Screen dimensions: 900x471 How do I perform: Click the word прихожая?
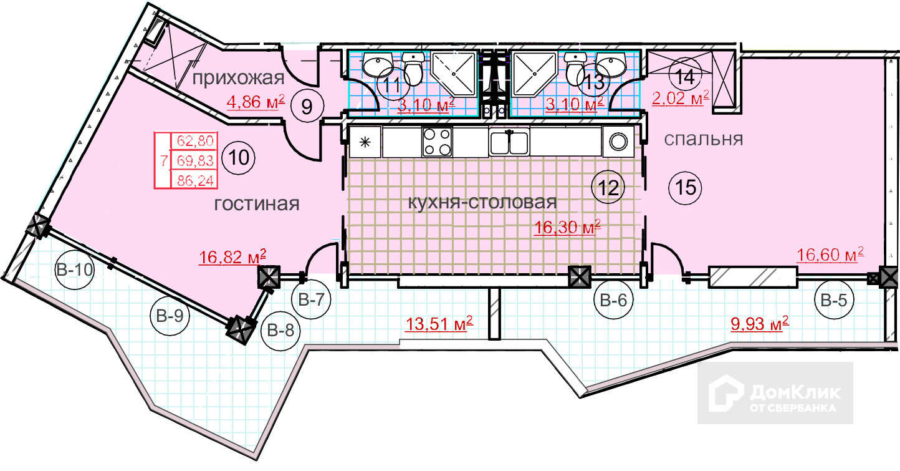point(238,78)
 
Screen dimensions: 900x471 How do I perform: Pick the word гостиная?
point(257,204)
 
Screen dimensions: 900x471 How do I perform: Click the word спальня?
point(703,138)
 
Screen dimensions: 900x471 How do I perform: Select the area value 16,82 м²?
point(233,256)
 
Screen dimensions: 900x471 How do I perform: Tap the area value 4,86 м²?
point(256,101)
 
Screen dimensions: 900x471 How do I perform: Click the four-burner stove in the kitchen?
point(437,142)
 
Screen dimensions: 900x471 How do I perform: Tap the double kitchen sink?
point(509,142)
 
